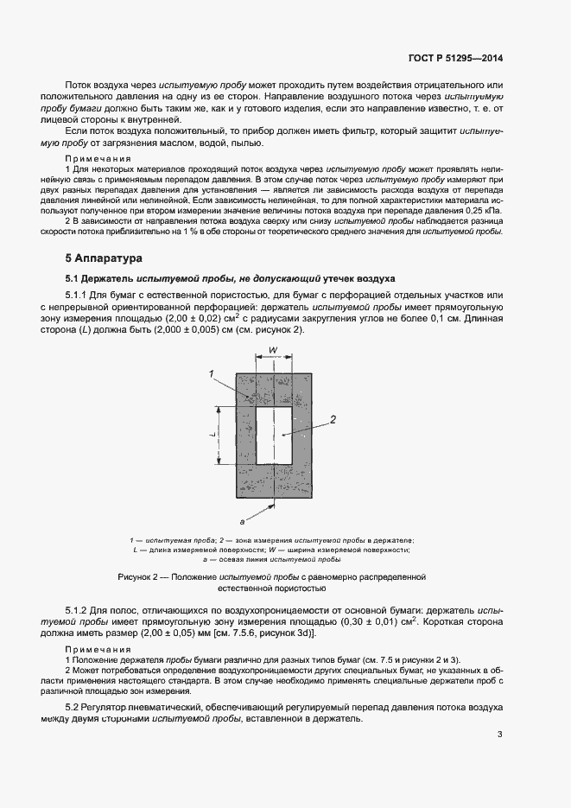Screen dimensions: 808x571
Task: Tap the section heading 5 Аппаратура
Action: (106, 258)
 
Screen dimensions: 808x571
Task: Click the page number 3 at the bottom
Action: (499, 760)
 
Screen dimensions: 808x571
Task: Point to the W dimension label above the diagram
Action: (273, 350)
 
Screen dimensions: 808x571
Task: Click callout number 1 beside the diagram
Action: (210, 373)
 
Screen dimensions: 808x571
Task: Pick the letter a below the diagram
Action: (243, 521)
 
